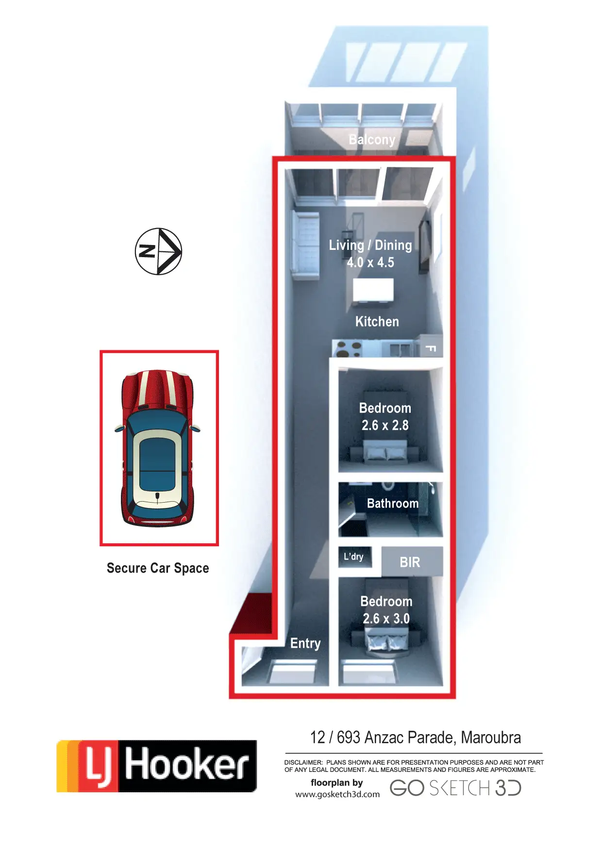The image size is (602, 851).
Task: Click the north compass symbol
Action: tap(158, 251)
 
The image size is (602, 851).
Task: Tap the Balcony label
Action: tap(372, 140)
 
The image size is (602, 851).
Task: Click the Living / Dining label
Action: tap(370, 245)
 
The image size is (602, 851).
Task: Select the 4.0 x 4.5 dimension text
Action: tap(370, 262)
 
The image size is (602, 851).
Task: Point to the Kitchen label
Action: tap(377, 322)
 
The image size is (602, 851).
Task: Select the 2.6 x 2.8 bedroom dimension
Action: tap(385, 425)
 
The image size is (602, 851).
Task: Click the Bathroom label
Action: tap(392, 504)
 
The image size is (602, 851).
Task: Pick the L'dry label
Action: tap(353, 556)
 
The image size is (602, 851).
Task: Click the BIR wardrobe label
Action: tap(410, 562)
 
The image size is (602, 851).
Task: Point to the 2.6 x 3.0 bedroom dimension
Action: tap(386, 619)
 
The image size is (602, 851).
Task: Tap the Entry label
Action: tap(305, 643)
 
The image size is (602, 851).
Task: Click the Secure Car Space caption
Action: tap(158, 568)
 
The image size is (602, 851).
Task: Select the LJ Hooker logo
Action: tap(157, 766)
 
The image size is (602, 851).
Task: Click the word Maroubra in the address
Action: tap(491, 737)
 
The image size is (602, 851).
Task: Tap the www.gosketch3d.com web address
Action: tap(337, 794)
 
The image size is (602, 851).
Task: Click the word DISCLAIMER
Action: tap(303, 762)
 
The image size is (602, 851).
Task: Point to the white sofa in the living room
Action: tap(305, 245)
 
